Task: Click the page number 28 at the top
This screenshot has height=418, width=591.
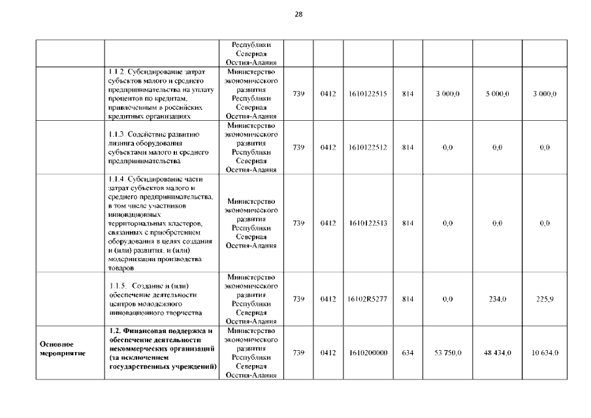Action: [298, 14]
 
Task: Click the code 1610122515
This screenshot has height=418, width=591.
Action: [368, 94]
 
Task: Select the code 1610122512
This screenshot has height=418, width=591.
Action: [368, 148]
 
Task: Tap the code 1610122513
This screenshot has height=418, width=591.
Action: [368, 223]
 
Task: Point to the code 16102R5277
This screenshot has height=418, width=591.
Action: [368, 299]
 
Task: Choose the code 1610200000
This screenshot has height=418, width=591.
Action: [368, 353]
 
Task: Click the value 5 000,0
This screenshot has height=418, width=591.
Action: [498, 94]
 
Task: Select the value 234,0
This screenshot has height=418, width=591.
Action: [498, 299]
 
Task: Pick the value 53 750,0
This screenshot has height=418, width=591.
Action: [448, 353]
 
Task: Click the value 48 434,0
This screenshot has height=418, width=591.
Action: [498, 353]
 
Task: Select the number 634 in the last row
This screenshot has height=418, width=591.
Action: [407, 353]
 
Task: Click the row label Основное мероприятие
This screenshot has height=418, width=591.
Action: [57, 348]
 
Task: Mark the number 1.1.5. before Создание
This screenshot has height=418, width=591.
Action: [118, 286]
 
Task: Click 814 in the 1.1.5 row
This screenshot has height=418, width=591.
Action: [407, 299]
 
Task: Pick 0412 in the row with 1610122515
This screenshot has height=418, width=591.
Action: [328, 94]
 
